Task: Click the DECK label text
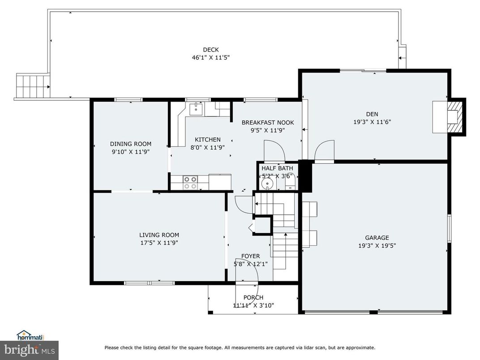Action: point(210,50)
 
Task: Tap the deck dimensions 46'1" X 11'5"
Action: point(210,57)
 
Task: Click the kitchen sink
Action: point(196,108)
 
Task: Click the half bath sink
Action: point(269,183)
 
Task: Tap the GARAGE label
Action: point(377,238)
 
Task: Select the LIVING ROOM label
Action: point(159,235)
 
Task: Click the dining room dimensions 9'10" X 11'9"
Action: point(131,152)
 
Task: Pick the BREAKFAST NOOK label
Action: point(268,122)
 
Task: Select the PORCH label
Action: point(253,297)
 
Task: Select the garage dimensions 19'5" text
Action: point(388,245)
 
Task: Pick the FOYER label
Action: point(250,256)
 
